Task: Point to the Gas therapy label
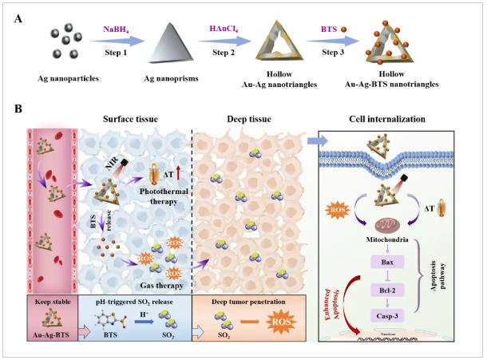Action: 149,283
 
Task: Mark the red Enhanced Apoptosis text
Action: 342,302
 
